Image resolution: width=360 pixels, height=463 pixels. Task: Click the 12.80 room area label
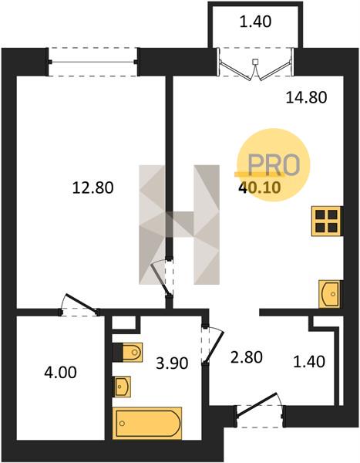(x=93, y=188)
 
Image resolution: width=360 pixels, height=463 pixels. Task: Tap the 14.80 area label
(x=306, y=97)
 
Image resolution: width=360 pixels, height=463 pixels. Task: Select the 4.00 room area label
(x=60, y=372)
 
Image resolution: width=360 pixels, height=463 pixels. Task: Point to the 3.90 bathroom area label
(x=172, y=363)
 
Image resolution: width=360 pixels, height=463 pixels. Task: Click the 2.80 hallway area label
(x=247, y=357)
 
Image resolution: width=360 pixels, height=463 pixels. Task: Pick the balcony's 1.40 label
(x=255, y=22)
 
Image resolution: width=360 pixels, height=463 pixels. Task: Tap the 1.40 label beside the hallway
(x=309, y=361)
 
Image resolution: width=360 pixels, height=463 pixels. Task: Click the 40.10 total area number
(x=260, y=188)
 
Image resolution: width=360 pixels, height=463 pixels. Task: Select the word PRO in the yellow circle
(x=274, y=164)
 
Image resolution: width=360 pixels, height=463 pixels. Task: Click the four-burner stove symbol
(x=327, y=221)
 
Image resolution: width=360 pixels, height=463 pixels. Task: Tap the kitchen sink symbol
(x=329, y=294)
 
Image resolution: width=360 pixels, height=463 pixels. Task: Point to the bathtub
(x=147, y=423)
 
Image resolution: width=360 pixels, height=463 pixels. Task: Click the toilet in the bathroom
(x=128, y=352)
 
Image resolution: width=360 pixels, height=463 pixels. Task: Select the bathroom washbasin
(x=122, y=387)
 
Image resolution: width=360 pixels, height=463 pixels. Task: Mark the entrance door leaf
(x=257, y=405)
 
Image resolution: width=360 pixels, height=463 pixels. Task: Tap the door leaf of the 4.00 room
(x=82, y=302)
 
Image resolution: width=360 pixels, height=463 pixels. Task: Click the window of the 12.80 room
(x=93, y=62)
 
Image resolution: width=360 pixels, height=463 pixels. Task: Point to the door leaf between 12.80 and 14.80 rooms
(x=160, y=279)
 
